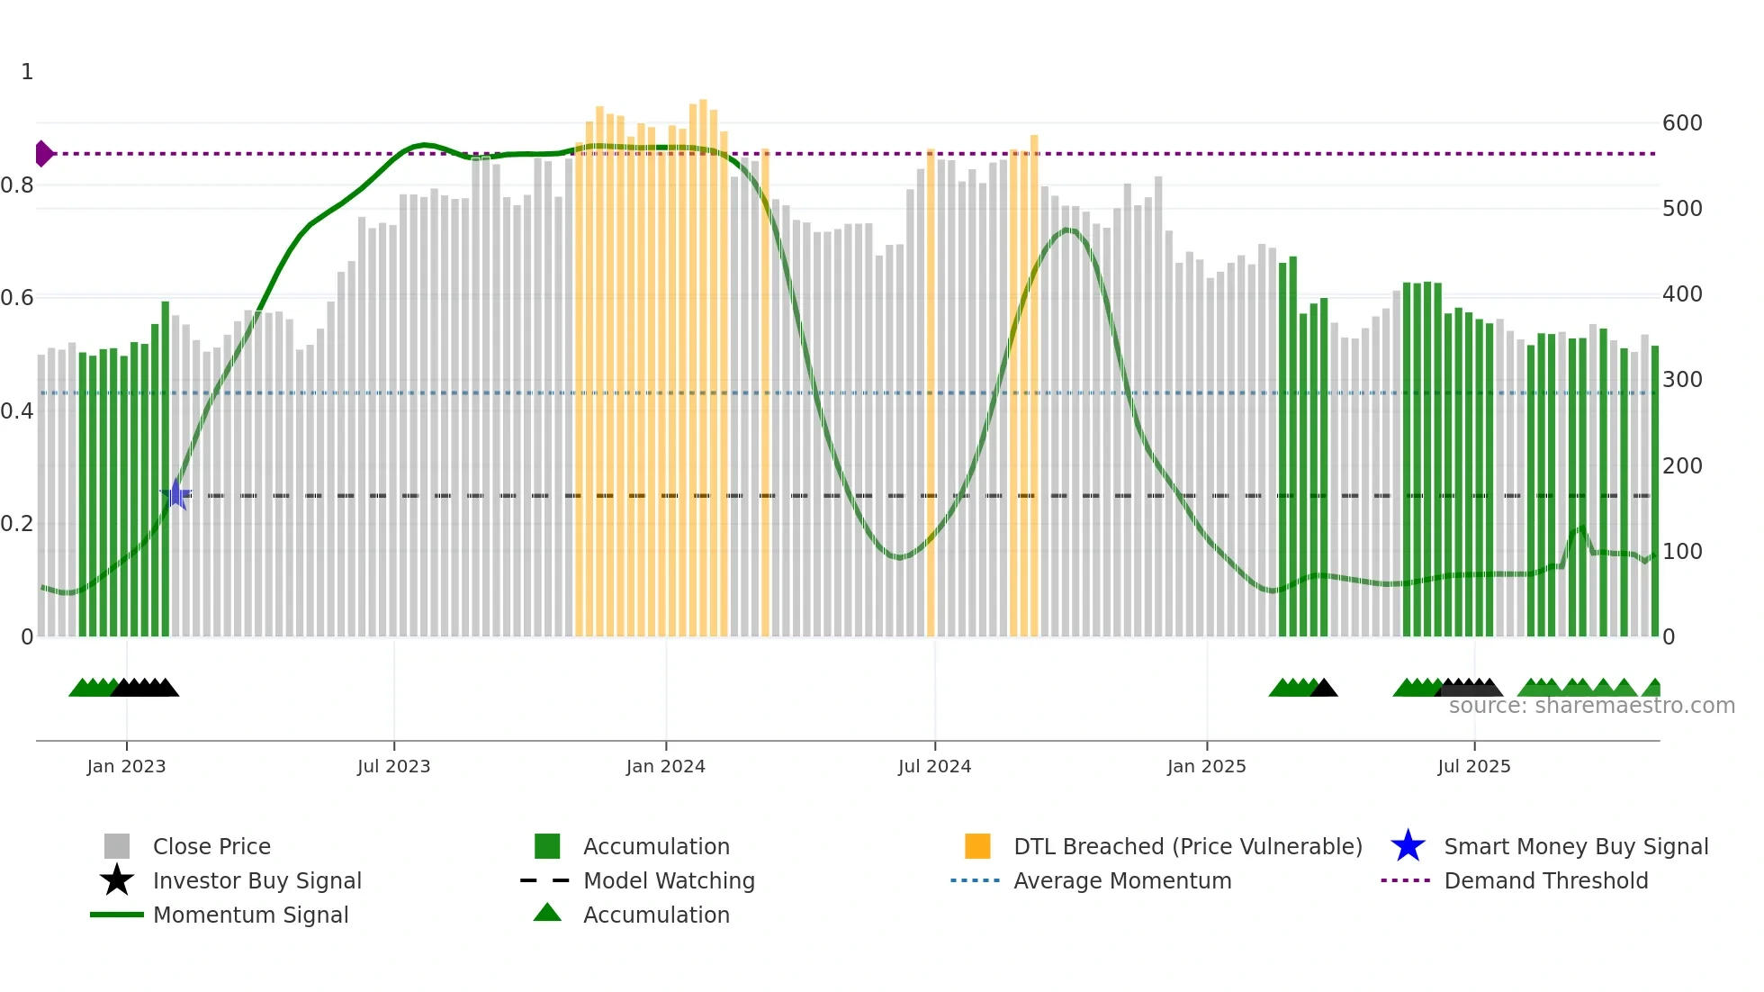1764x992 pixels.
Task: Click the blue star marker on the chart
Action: (x=176, y=494)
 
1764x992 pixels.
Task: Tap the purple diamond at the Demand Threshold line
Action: (x=43, y=154)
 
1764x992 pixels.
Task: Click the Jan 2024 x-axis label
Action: (x=665, y=766)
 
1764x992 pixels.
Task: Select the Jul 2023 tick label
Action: (x=393, y=766)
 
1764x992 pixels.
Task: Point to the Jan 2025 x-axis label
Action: (x=1206, y=766)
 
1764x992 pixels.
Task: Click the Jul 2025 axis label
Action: (x=1473, y=766)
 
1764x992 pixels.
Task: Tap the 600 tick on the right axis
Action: (x=1681, y=123)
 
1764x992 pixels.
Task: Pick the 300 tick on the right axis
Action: (x=1681, y=380)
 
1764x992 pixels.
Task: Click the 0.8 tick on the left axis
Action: (x=17, y=185)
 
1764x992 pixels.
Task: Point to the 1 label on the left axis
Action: (x=27, y=72)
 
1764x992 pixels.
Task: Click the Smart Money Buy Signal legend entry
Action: (x=1575, y=846)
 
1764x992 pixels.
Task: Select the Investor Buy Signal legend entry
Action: (x=256, y=880)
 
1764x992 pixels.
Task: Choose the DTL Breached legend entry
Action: (x=1187, y=846)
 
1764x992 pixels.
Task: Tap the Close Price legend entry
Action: (x=211, y=846)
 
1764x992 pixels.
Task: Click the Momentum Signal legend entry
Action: (x=250, y=915)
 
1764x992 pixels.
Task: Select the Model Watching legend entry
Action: (x=669, y=880)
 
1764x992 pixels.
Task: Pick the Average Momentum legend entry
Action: (x=1122, y=880)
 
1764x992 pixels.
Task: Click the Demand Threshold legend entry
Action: (x=1545, y=880)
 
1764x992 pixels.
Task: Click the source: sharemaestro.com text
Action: (x=1591, y=706)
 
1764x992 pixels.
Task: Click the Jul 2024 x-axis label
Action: (x=934, y=766)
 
